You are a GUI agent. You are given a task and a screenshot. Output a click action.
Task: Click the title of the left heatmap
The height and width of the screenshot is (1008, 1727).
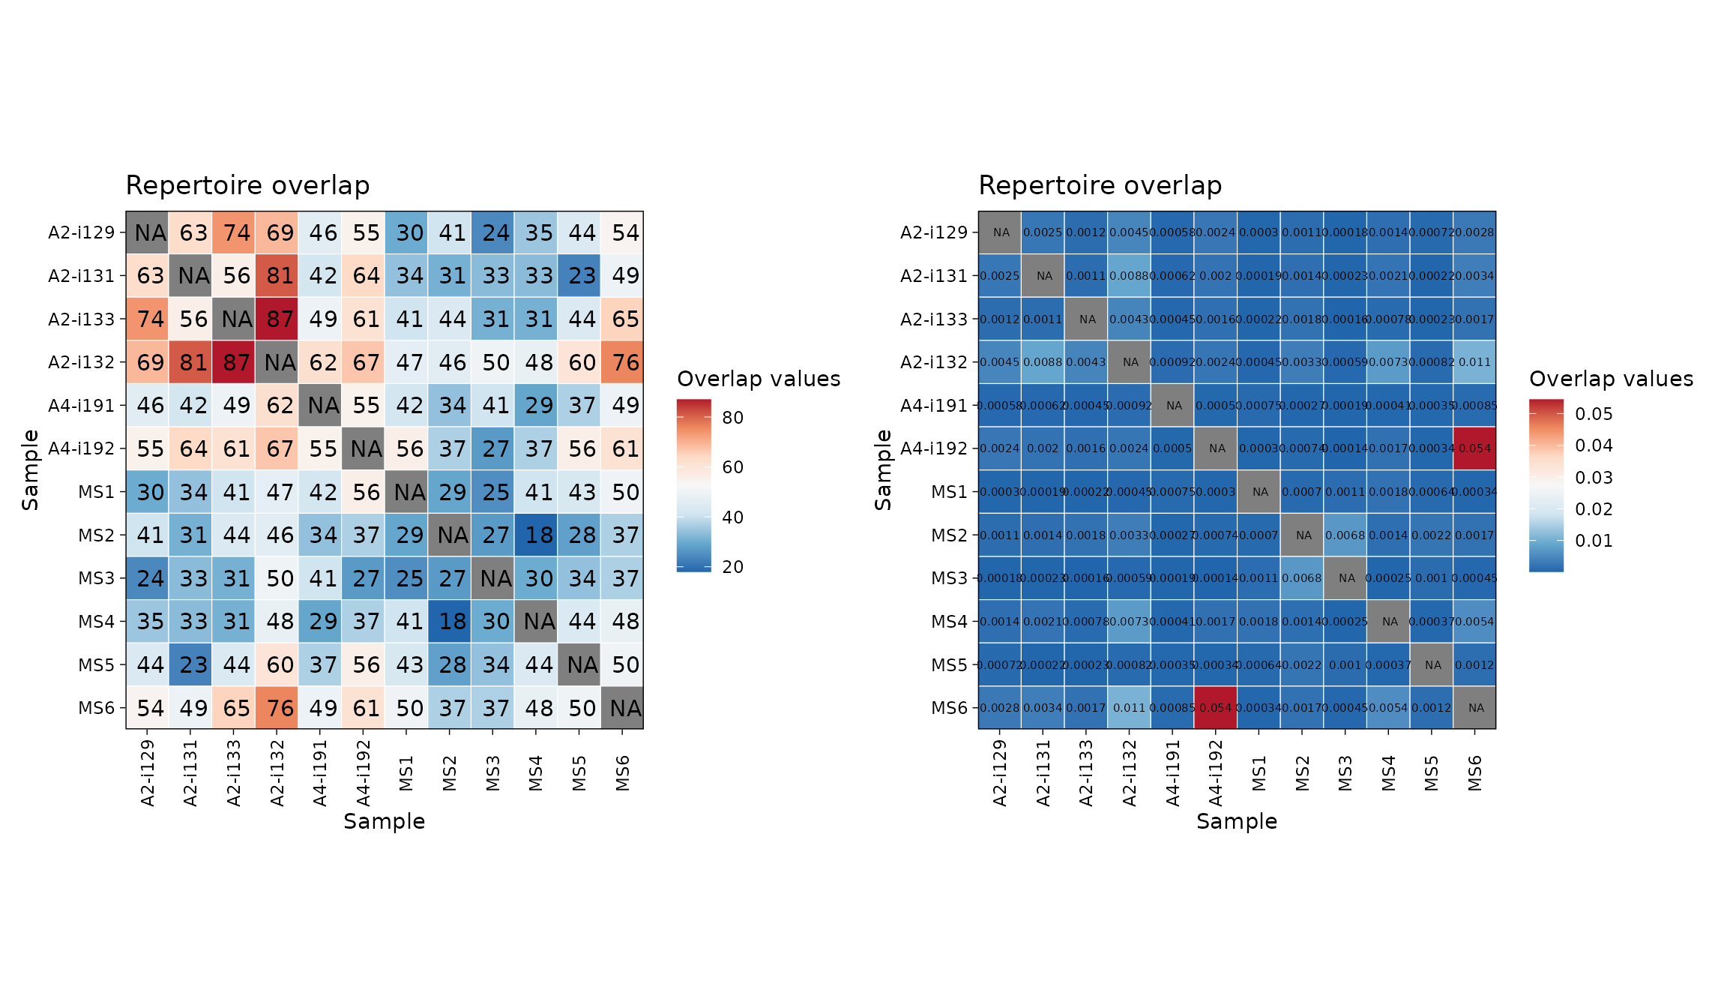[x=247, y=185]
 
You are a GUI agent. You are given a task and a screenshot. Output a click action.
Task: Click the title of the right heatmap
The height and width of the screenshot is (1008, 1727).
[x=1100, y=185]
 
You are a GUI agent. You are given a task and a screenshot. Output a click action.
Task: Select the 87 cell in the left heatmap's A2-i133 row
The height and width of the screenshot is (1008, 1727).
[x=280, y=319]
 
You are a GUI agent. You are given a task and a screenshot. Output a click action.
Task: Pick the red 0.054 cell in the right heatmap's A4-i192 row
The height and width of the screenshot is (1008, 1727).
[x=1474, y=448]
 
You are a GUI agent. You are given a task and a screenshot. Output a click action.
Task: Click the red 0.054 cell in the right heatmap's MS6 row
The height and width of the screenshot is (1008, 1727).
[x=1216, y=708]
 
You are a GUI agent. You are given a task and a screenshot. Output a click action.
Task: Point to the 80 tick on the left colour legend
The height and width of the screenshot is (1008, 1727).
[x=732, y=418]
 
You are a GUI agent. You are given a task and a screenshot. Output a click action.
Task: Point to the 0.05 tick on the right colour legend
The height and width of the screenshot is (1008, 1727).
[x=1594, y=414]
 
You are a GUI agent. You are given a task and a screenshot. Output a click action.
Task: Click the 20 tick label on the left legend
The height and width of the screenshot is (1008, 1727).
[x=732, y=567]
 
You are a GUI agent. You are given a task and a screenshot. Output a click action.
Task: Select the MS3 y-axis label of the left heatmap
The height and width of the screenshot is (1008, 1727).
[x=96, y=578]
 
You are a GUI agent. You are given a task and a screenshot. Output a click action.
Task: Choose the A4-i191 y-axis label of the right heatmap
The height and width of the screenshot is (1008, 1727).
[x=934, y=406]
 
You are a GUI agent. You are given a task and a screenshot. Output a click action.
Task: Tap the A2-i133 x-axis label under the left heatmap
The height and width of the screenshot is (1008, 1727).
[x=235, y=773]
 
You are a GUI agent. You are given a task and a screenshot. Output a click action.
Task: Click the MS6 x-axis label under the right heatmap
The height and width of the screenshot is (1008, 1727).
[x=1474, y=773]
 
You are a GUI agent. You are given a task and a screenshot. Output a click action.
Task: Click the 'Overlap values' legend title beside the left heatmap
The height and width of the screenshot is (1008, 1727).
[x=759, y=379]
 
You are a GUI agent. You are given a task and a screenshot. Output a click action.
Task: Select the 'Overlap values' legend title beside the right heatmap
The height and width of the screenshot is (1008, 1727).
[x=1611, y=379]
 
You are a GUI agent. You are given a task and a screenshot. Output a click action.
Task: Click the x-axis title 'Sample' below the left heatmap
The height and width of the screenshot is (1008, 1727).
[x=384, y=821]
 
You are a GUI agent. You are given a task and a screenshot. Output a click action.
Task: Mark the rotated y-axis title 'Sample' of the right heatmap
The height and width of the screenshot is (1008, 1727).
[x=883, y=470]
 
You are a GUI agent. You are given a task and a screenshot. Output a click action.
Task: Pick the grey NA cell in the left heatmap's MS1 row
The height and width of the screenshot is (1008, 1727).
[x=409, y=492]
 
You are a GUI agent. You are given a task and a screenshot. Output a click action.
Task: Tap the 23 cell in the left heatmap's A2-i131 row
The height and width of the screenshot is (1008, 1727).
[x=582, y=276]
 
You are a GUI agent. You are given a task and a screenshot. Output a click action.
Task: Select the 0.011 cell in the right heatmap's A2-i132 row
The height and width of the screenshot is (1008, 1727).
[x=1474, y=362]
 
